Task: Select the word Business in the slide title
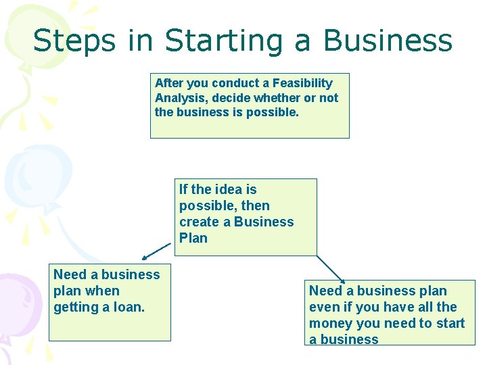coord(387,41)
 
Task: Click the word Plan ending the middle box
coord(193,238)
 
